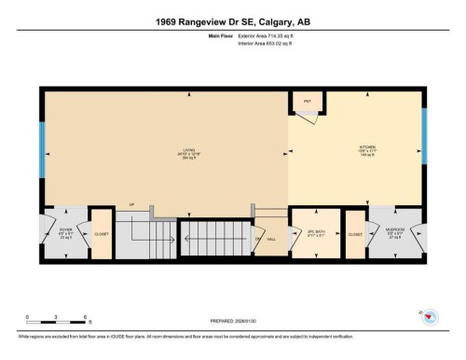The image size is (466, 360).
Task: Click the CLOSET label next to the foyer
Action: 100,234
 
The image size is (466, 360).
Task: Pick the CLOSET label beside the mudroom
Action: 354,234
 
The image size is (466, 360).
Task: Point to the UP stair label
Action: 132,204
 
